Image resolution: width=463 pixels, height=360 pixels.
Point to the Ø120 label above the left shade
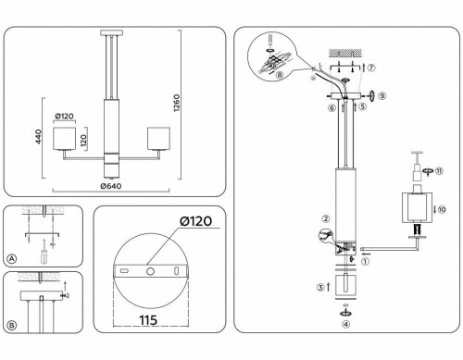tap(65, 116)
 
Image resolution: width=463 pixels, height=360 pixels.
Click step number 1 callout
tap(364, 261)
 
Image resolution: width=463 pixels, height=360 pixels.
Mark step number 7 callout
tap(370, 68)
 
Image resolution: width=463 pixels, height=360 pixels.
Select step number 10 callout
tap(443, 211)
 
